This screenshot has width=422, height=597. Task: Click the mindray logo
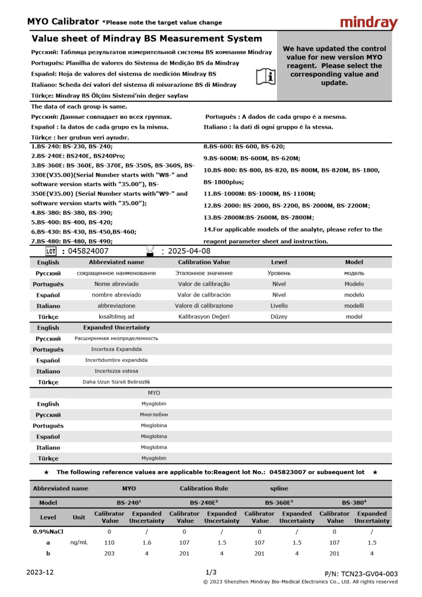coord(368,23)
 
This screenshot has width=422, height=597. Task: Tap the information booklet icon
coord(266,76)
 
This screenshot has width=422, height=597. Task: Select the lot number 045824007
coord(88,251)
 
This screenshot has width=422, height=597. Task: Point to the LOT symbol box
coord(51,251)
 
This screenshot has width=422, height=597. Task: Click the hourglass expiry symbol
coord(150,250)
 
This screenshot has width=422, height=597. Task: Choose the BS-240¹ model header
coord(129,503)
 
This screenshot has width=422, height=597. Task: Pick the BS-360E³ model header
coord(278,503)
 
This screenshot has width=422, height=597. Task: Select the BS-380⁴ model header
coord(353,503)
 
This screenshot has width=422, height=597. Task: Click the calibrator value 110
coord(110,542)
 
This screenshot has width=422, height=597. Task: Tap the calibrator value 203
coord(110,554)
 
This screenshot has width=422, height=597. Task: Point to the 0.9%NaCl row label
coord(48,532)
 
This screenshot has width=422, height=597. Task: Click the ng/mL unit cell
coord(79,542)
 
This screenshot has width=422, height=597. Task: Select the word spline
coord(279,488)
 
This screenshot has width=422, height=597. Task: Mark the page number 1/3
coord(211,572)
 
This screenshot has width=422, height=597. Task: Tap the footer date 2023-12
coord(40,572)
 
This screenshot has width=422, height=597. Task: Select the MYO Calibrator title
coord(62,21)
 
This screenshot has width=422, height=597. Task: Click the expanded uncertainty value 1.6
coord(147,542)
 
